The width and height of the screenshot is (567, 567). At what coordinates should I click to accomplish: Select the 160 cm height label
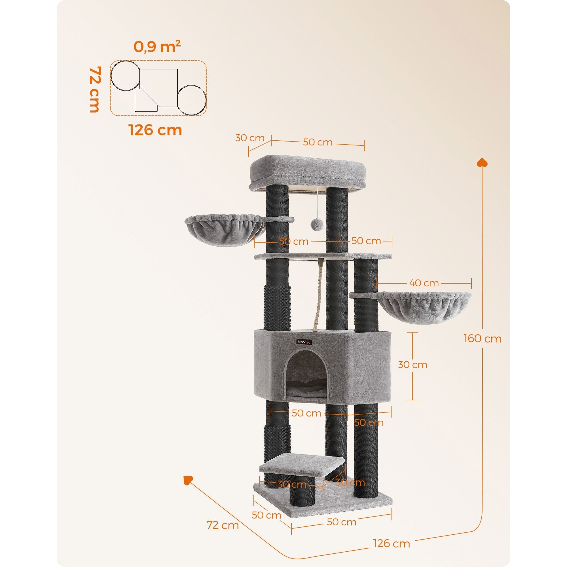pyautogui.click(x=483, y=339)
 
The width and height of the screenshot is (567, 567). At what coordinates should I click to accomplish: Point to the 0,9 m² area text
pyautogui.click(x=157, y=47)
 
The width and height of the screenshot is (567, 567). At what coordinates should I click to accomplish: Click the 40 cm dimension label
pyautogui.click(x=423, y=283)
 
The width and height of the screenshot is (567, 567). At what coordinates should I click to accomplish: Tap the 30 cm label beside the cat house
pyautogui.click(x=412, y=365)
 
